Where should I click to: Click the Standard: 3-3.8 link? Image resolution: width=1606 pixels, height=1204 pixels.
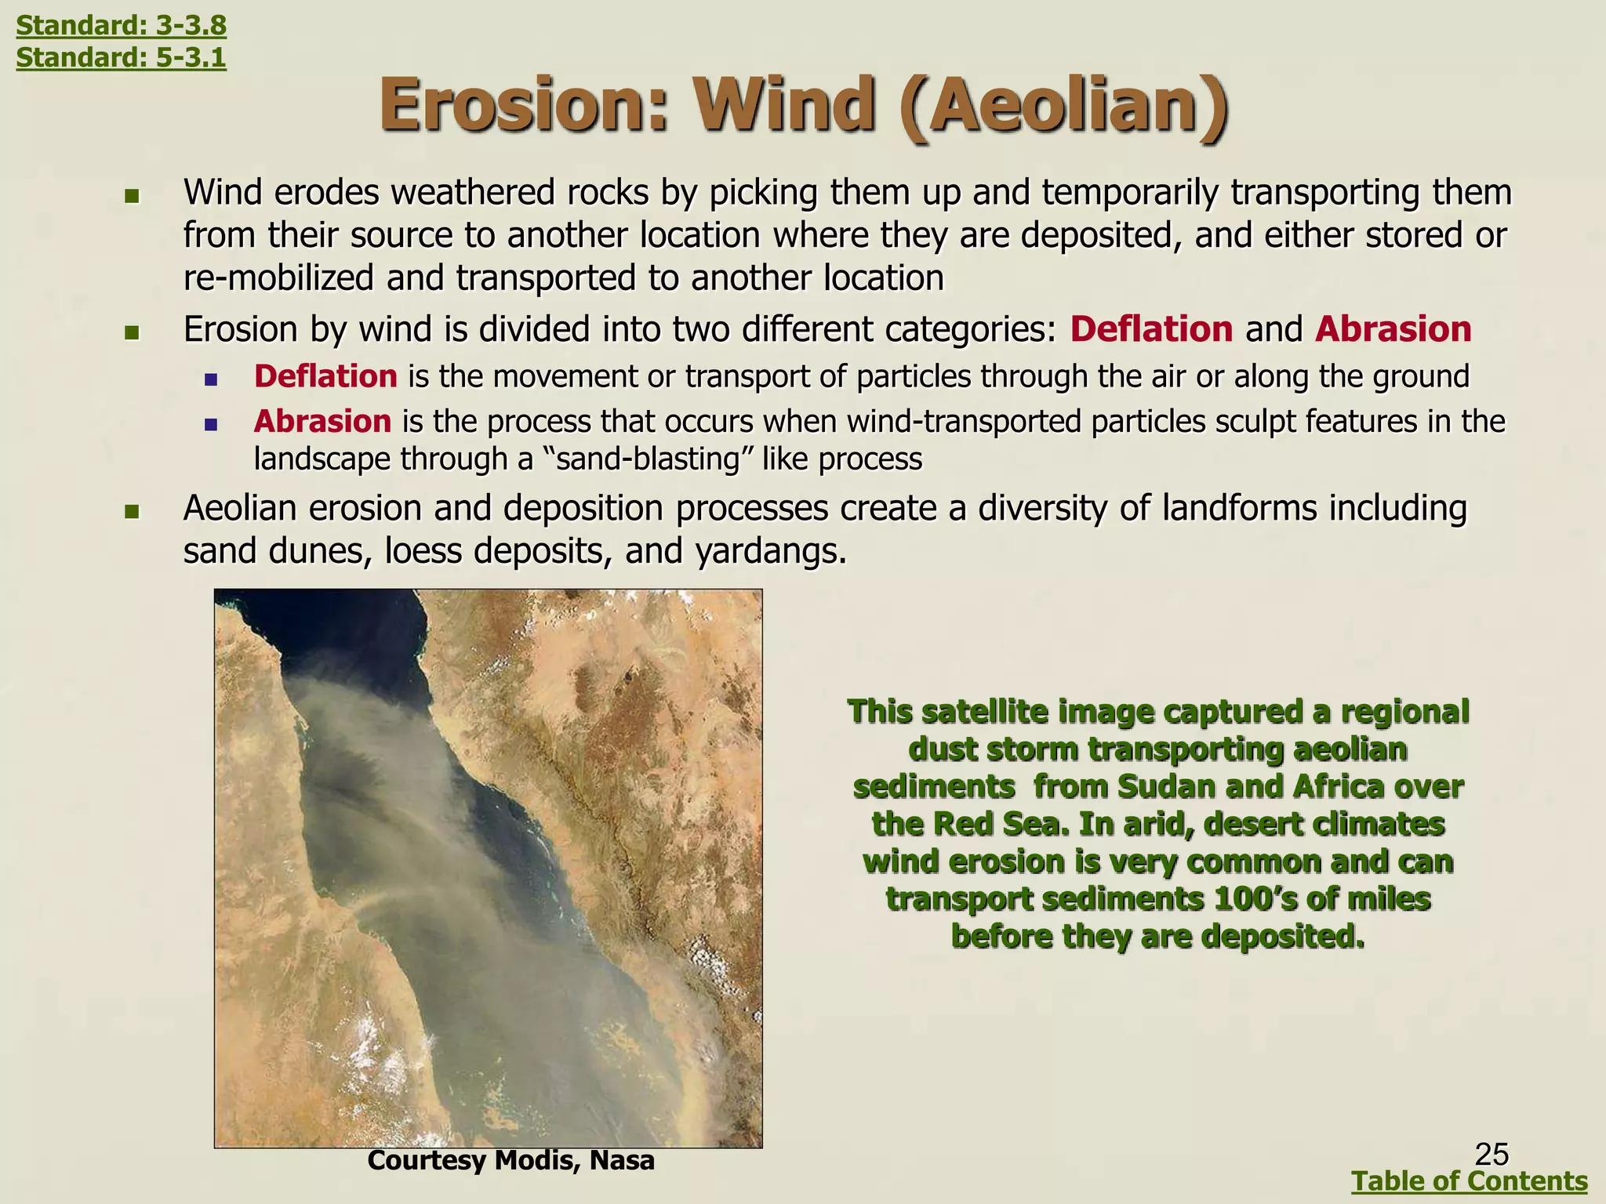tap(121, 26)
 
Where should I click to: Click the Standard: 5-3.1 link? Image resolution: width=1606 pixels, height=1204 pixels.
tap(121, 57)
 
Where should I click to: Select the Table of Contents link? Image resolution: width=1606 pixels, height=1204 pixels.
tap(1470, 1180)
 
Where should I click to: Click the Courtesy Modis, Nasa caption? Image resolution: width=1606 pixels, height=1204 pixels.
tap(511, 1160)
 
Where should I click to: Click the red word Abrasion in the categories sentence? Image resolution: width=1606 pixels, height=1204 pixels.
tap(1393, 329)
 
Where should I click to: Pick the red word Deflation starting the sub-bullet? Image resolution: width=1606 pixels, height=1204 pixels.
tap(325, 377)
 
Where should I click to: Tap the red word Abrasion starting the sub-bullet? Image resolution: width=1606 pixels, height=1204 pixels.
tap(322, 422)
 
